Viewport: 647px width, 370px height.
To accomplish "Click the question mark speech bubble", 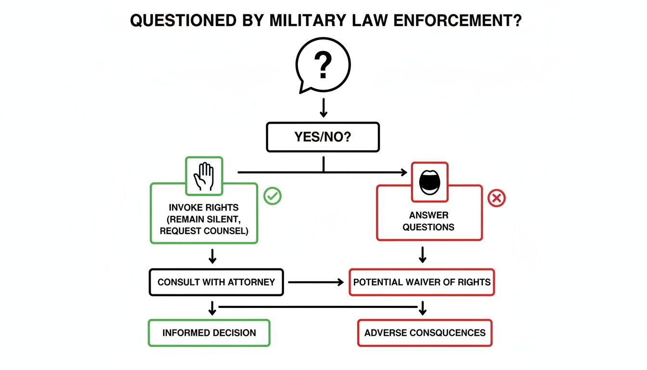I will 323,66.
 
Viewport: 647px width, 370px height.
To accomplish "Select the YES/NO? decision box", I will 323,137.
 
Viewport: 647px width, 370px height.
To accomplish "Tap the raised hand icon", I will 204,176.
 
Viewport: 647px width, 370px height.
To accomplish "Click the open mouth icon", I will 429,182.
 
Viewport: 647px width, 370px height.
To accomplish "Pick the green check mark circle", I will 273,196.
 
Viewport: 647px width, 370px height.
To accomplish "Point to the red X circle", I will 497,198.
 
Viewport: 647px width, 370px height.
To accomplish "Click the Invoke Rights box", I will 204,219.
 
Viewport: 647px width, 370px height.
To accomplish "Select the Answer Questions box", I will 428,221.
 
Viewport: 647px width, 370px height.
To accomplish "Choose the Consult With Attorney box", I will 216,282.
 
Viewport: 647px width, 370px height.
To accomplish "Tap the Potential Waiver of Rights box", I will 422,282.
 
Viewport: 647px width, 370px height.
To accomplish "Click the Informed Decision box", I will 209,332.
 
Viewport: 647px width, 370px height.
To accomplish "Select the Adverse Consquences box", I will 425,332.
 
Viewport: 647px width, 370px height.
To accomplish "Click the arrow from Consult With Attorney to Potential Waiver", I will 316,282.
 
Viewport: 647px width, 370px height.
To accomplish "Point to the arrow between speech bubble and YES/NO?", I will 323,107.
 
